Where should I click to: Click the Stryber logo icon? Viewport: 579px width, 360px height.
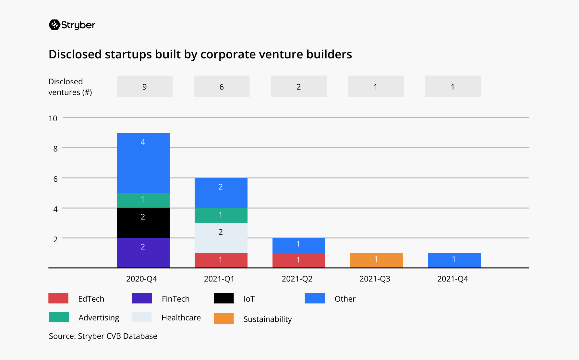pos(54,25)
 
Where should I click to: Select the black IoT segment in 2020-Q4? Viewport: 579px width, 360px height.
pos(143,223)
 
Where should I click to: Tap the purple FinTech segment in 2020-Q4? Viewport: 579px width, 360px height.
pos(143,253)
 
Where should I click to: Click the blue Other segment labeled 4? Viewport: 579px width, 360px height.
pos(143,163)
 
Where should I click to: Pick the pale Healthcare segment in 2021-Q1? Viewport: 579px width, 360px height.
pos(221,238)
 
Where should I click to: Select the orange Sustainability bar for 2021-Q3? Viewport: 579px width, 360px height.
pos(376,260)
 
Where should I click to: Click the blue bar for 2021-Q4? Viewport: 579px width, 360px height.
pos(454,260)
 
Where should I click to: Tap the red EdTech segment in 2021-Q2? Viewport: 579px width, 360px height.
pos(298,260)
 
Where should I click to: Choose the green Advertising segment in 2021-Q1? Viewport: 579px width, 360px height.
pos(221,215)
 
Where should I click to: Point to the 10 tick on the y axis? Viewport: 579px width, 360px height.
pos(53,118)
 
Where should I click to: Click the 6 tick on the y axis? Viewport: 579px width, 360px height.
pos(55,179)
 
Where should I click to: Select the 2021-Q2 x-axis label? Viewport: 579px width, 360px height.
pos(297,279)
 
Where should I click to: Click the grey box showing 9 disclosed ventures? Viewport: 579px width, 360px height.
pos(145,86)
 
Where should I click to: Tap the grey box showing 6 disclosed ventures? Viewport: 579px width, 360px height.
pos(222,86)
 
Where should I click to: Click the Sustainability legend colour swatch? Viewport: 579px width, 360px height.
pos(223,318)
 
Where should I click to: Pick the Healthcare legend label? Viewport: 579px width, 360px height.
pos(181,318)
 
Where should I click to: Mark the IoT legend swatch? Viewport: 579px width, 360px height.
pos(223,298)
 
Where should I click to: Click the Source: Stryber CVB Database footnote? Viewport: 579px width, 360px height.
pos(103,336)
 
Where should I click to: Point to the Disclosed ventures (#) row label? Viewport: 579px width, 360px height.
pos(70,87)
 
